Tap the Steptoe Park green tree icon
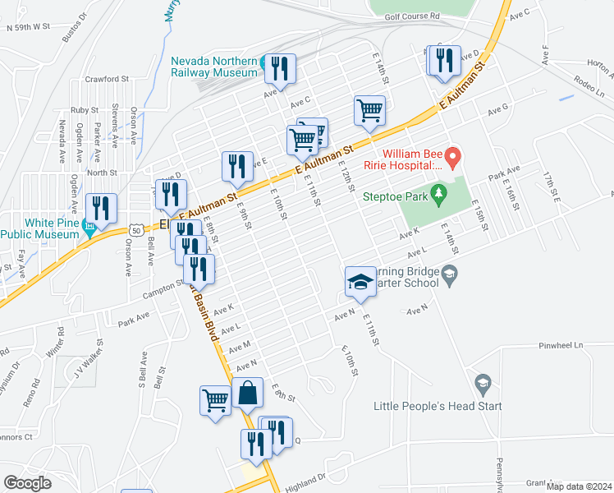440,192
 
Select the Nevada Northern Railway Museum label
214,66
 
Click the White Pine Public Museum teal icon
89,233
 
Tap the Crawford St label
107,80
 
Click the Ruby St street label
84,109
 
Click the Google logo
27,483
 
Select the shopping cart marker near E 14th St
369,110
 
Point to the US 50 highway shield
135,231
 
